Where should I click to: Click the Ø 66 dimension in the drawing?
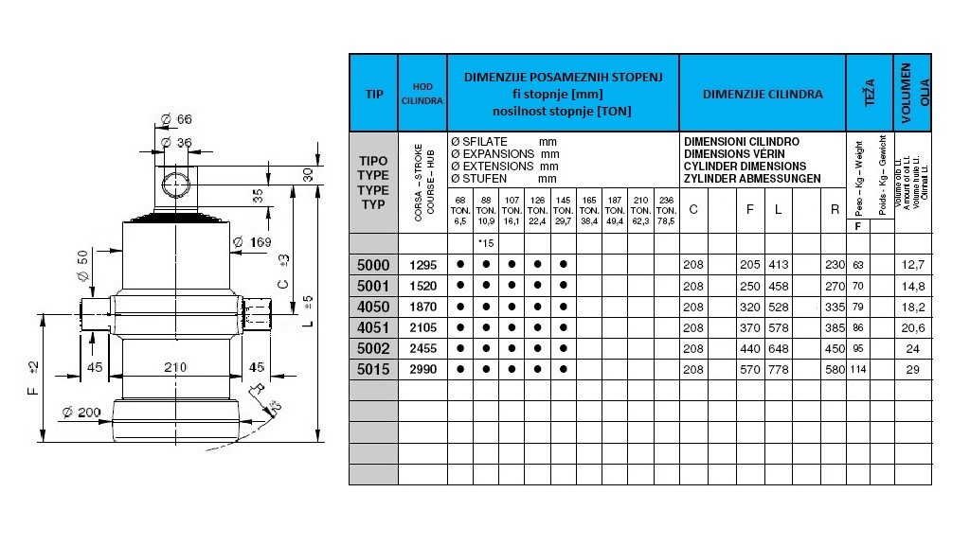[177, 118]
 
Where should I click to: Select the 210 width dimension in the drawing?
[175, 367]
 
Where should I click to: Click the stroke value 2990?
[422, 369]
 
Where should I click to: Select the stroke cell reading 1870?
[422, 307]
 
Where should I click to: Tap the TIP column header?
[373, 94]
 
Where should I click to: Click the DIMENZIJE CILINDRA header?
[763, 94]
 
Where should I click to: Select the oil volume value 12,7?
[913, 265]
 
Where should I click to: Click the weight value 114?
[858, 369]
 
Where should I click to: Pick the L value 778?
[778, 369]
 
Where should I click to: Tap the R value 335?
[834, 307]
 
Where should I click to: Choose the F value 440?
[749, 348]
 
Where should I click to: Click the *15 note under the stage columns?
[487, 244]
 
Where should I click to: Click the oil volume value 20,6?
[913, 327]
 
